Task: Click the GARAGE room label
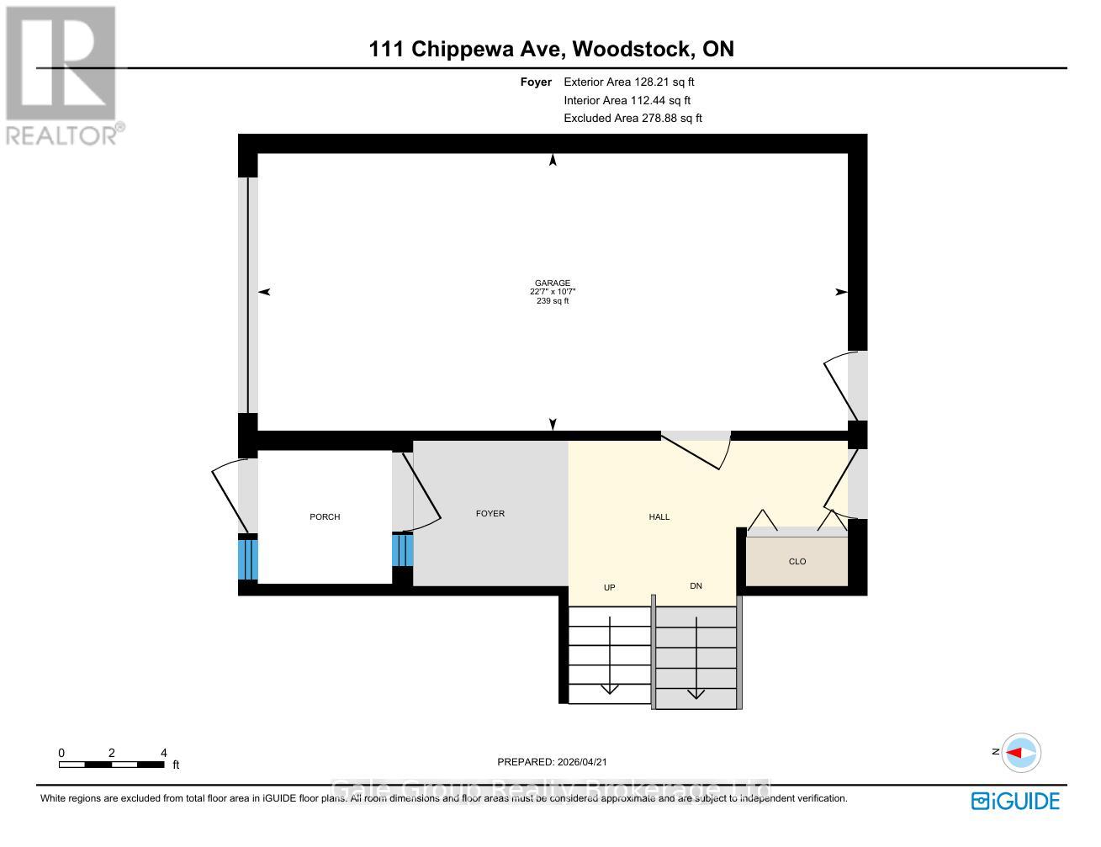click(552, 283)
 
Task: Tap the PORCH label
click(325, 516)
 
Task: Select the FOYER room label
click(490, 513)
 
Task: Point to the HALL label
click(659, 516)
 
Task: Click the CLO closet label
click(797, 561)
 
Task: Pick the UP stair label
click(610, 587)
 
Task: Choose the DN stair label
click(696, 586)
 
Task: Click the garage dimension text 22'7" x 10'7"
click(552, 292)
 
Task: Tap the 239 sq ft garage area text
click(552, 301)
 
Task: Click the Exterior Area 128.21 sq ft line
click(628, 82)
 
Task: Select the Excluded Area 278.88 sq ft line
click(633, 119)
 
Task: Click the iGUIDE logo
click(1015, 801)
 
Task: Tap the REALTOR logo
click(62, 76)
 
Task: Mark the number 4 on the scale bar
click(164, 753)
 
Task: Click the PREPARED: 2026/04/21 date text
click(552, 762)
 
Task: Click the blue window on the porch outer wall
click(247, 558)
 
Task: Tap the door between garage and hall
click(696, 447)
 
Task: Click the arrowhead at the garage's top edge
click(553, 160)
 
